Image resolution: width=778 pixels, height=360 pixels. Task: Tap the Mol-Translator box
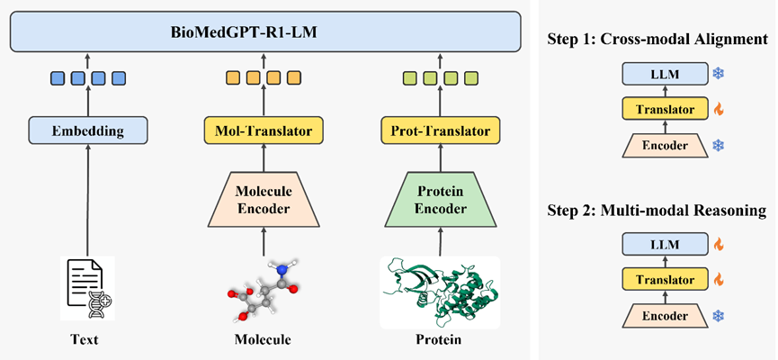[x=264, y=131]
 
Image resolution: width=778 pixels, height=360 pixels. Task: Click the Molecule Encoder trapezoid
[x=264, y=200]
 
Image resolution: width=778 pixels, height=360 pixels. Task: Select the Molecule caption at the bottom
[x=263, y=340]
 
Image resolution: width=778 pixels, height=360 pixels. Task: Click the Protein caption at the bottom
[x=439, y=340]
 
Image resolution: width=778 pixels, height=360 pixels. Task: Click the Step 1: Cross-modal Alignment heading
[x=657, y=40]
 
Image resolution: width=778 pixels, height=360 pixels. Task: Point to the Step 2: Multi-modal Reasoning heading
[x=657, y=211]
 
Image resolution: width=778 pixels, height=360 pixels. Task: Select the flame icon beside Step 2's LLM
[x=718, y=244]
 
